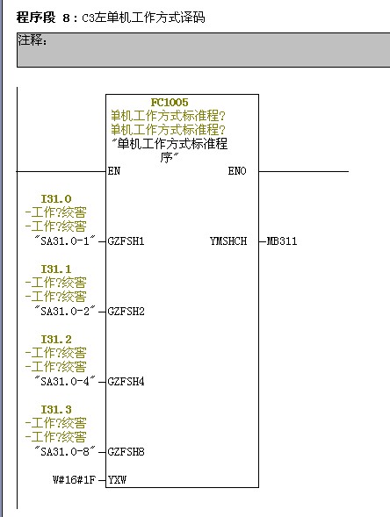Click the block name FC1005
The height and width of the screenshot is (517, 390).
pos(170,102)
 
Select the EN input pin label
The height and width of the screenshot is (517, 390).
pos(114,171)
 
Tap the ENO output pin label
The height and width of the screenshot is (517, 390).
pos(237,171)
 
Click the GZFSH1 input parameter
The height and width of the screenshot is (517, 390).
pos(126,241)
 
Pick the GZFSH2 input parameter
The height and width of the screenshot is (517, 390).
pos(126,312)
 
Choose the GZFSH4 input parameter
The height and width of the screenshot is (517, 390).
pos(126,382)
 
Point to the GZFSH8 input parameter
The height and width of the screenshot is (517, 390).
pos(126,452)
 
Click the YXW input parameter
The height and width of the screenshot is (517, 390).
pos(117,480)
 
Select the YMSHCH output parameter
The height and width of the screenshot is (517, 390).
pos(228,241)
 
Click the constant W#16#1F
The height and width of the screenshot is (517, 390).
pos(74,480)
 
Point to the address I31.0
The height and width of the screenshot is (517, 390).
pos(56,199)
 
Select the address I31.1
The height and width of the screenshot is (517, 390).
pos(56,269)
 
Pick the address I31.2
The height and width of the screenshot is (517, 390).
pos(56,340)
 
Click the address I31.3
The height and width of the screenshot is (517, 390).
pos(56,410)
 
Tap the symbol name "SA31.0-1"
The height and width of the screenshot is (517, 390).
pos(65,241)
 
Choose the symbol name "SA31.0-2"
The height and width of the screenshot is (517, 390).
pos(65,311)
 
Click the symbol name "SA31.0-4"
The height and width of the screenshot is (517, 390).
pos(65,381)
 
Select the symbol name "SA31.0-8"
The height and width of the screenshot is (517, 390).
pos(65,451)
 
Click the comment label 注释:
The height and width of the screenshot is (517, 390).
pos(32,40)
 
